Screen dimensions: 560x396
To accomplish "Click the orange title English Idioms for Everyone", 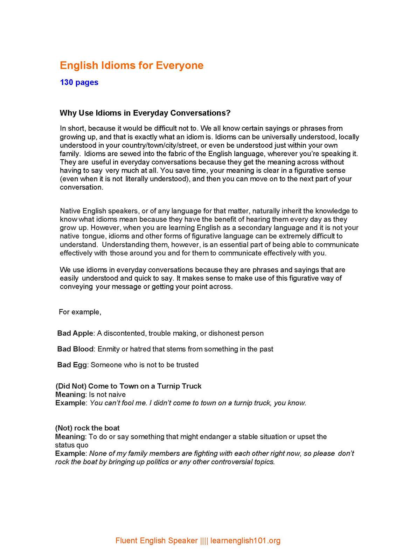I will click(131, 65).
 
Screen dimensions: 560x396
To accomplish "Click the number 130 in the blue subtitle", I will click(67, 83).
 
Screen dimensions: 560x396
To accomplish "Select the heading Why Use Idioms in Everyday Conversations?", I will click(145, 113).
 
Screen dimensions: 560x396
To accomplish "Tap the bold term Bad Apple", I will click(75, 333).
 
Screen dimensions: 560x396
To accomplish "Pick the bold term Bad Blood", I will click(75, 349).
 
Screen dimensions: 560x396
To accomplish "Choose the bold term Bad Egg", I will click(72, 365).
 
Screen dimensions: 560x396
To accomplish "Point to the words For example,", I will click(80, 312).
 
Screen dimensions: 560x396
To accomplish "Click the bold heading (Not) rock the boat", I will click(87, 428).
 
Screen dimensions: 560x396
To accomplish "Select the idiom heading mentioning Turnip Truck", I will click(128, 386).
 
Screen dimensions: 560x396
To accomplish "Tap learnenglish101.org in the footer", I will click(245, 541).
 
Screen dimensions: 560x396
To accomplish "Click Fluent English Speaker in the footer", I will click(157, 541).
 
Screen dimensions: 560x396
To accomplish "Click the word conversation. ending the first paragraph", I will click(82, 187).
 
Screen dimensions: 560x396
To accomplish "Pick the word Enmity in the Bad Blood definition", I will click(108, 349).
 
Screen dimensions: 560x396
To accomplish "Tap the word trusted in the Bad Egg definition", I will click(187, 365).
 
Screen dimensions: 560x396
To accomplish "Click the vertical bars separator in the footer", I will click(204, 541).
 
